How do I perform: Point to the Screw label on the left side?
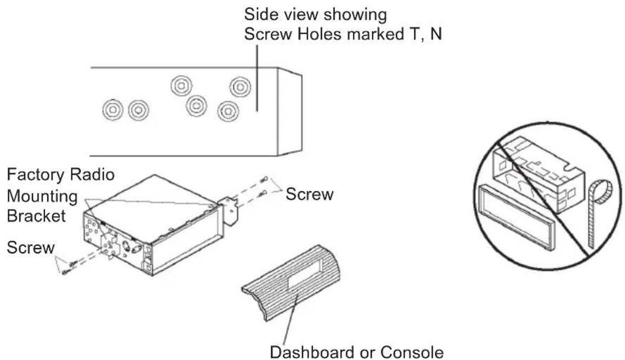click(x=30, y=247)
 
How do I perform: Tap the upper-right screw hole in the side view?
click(x=240, y=86)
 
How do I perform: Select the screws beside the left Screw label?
click(x=70, y=265)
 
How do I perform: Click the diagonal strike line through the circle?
click(x=546, y=200)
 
